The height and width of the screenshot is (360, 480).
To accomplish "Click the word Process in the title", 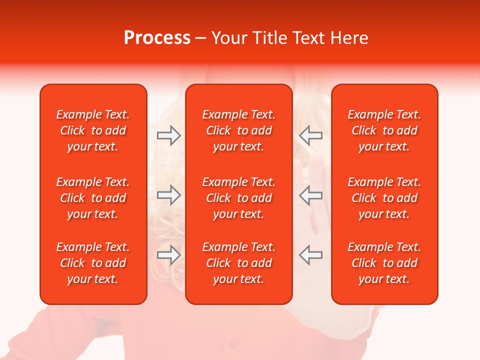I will coord(157,38).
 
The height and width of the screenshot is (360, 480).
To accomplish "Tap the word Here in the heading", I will coord(348,38).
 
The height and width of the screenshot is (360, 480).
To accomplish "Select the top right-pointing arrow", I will coord(168,135).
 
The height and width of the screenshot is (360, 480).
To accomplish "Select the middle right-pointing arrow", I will coord(168,195).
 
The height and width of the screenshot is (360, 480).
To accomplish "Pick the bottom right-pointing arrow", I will coord(168,255).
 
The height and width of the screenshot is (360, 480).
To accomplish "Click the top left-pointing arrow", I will coord(311,135).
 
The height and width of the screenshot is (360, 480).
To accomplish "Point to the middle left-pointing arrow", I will coord(311,195).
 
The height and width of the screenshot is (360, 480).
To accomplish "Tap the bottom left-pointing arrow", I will coord(311,255).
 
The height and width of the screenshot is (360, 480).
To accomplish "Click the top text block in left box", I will coord(93,130).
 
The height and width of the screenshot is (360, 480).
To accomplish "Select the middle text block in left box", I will coord(93,198).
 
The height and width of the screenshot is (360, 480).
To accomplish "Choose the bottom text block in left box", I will coord(93,263).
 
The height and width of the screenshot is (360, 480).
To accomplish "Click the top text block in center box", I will coord(238,130).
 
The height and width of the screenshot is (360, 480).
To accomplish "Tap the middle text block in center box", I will coord(238,198).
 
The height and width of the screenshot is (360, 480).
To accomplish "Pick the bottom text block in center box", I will coord(238,263).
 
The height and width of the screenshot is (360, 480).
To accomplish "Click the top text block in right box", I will coord(384,130).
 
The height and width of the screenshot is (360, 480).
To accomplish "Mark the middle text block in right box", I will coord(384,198).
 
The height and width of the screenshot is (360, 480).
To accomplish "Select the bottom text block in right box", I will coord(384,263).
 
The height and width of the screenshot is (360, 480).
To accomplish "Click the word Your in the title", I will coord(229,38).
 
